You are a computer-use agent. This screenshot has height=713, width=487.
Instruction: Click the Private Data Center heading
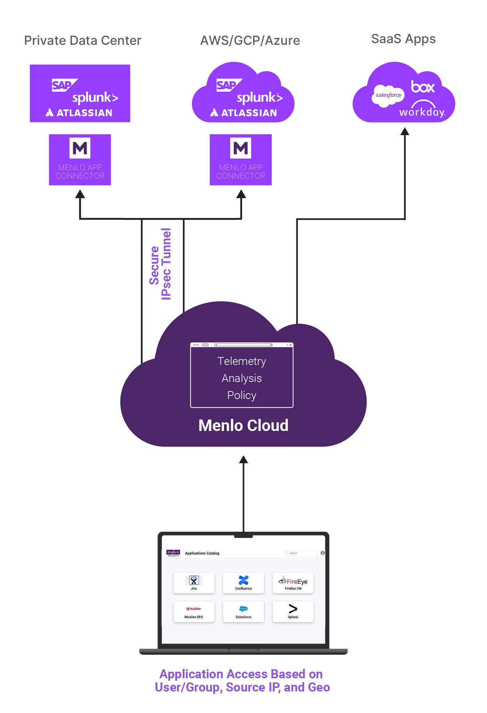point(82,41)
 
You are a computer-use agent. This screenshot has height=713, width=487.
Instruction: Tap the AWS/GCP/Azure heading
point(250,41)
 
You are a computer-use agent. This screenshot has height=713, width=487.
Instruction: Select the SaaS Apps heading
point(403,39)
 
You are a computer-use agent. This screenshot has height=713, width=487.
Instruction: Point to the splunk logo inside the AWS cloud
point(260,98)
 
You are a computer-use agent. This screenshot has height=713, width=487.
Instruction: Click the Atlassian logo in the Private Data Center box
point(79,113)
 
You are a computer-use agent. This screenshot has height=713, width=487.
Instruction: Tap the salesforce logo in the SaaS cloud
point(388,95)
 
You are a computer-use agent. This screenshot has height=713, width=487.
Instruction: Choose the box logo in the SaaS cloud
point(422,86)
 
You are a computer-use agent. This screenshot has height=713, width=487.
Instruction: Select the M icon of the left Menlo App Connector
point(80,148)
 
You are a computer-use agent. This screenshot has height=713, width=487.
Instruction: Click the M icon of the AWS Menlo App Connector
point(240,148)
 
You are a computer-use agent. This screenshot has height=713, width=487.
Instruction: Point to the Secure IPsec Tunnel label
point(160,264)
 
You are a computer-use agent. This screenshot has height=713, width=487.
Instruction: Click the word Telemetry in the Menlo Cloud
point(241,361)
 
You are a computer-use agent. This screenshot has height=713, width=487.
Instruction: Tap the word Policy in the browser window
point(241,395)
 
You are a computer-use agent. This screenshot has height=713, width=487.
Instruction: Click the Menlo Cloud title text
point(243,425)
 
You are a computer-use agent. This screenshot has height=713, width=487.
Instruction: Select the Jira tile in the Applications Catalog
point(194,582)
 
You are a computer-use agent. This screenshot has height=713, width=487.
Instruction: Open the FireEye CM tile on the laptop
point(293,582)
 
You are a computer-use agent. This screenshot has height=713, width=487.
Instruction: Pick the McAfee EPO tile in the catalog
point(194,611)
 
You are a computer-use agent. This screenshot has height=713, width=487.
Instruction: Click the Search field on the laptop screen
point(301,553)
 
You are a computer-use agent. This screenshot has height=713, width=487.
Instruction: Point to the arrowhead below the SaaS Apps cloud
point(405,131)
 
